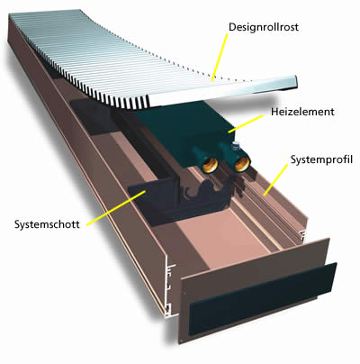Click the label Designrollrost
pyautogui.click(x=264, y=27)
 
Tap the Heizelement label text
pyautogui.click(x=302, y=112)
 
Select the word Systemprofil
pyautogui.click(x=321, y=159)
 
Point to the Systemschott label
pyautogui.click(x=47, y=224)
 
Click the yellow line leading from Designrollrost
pyautogui.click(x=220, y=57)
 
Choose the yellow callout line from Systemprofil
pyautogui.click(x=275, y=179)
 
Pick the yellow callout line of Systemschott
pyautogui.click(x=116, y=207)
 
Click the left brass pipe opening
pyautogui.click(x=209, y=164)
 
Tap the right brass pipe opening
pyautogui.click(x=241, y=164)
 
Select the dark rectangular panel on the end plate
pyautogui.click(x=263, y=299)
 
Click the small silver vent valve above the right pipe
pyautogui.click(x=237, y=146)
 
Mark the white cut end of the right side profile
pyautogui.click(x=303, y=236)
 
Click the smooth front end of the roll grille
pyautogui.click(x=223, y=91)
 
